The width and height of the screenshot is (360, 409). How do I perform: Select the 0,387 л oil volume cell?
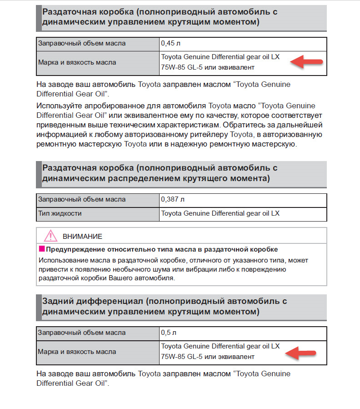tap(173, 199)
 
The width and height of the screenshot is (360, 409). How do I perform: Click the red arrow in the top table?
tap(307, 61)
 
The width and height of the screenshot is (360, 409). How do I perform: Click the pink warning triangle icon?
tap(50, 236)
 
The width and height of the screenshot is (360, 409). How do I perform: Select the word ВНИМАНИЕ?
tap(82, 237)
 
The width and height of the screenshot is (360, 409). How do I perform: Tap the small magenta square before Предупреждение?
tap(41, 249)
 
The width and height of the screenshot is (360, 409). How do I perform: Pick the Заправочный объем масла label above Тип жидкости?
tap(82, 199)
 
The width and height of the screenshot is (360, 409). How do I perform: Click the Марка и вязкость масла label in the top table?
tap(77, 62)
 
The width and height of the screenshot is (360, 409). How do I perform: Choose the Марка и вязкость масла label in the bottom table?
tap(77, 352)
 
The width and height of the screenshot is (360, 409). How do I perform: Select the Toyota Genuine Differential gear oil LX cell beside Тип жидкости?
tap(220, 213)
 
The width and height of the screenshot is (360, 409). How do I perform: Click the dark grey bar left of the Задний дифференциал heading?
tap(38, 307)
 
